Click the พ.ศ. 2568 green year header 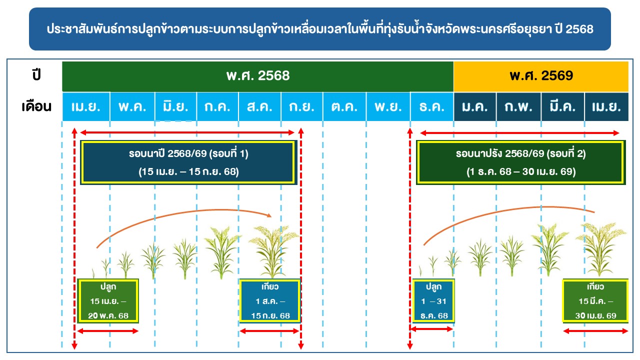pyautogui.click(x=257, y=76)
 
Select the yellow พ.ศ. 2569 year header pyautogui.click(x=541, y=76)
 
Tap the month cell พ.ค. pyautogui.click(x=132, y=106)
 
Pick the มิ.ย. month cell pyautogui.click(x=175, y=106)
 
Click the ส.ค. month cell pyautogui.click(x=259, y=106)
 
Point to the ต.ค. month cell pyautogui.click(x=344, y=106)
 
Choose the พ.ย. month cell pyautogui.click(x=388, y=106)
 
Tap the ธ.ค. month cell pyautogui.click(x=432, y=106)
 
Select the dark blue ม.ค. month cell pyautogui.click(x=475, y=106)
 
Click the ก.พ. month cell pyautogui.click(x=518, y=106)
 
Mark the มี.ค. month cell pyautogui.click(x=562, y=106)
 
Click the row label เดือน pyautogui.click(x=36, y=106)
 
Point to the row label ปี pyautogui.click(x=36, y=75)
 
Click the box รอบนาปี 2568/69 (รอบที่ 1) pyautogui.click(x=188, y=162)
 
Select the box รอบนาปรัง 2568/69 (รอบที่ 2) pyautogui.click(x=521, y=162)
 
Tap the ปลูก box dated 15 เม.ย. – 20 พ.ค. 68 pyautogui.click(x=108, y=301)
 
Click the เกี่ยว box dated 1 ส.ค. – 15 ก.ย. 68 pyautogui.click(x=270, y=301)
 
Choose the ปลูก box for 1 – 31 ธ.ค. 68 pyautogui.click(x=433, y=301)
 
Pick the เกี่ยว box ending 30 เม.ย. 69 pyautogui.click(x=595, y=301)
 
